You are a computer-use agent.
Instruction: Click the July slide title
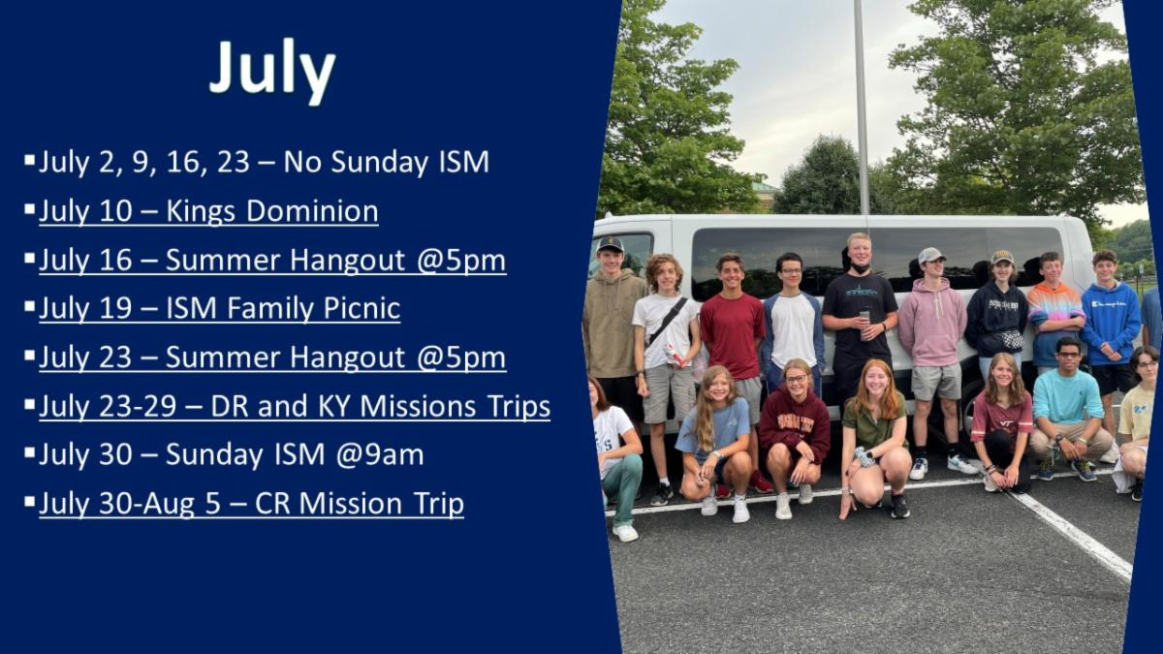pos(272,71)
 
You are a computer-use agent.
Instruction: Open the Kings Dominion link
pos(208,211)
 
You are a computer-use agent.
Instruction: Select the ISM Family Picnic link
pos(220,308)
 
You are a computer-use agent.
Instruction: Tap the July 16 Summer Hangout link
pos(272,260)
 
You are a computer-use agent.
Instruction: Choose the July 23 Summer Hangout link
pos(272,358)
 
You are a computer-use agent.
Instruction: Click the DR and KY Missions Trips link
pos(295,406)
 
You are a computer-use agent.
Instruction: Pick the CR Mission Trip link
pos(251,504)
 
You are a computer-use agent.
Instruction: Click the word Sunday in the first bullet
pos(381,162)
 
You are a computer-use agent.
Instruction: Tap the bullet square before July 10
pos(29,209)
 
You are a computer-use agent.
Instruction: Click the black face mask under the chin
pos(860,268)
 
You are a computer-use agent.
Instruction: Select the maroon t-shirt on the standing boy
pos(733,335)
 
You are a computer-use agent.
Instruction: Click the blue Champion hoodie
pos(1112,323)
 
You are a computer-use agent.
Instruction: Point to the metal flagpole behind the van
pos(861,108)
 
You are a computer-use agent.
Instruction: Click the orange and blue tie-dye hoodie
pos(1055,321)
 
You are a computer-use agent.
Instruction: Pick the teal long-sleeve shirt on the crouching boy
pos(1067,396)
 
